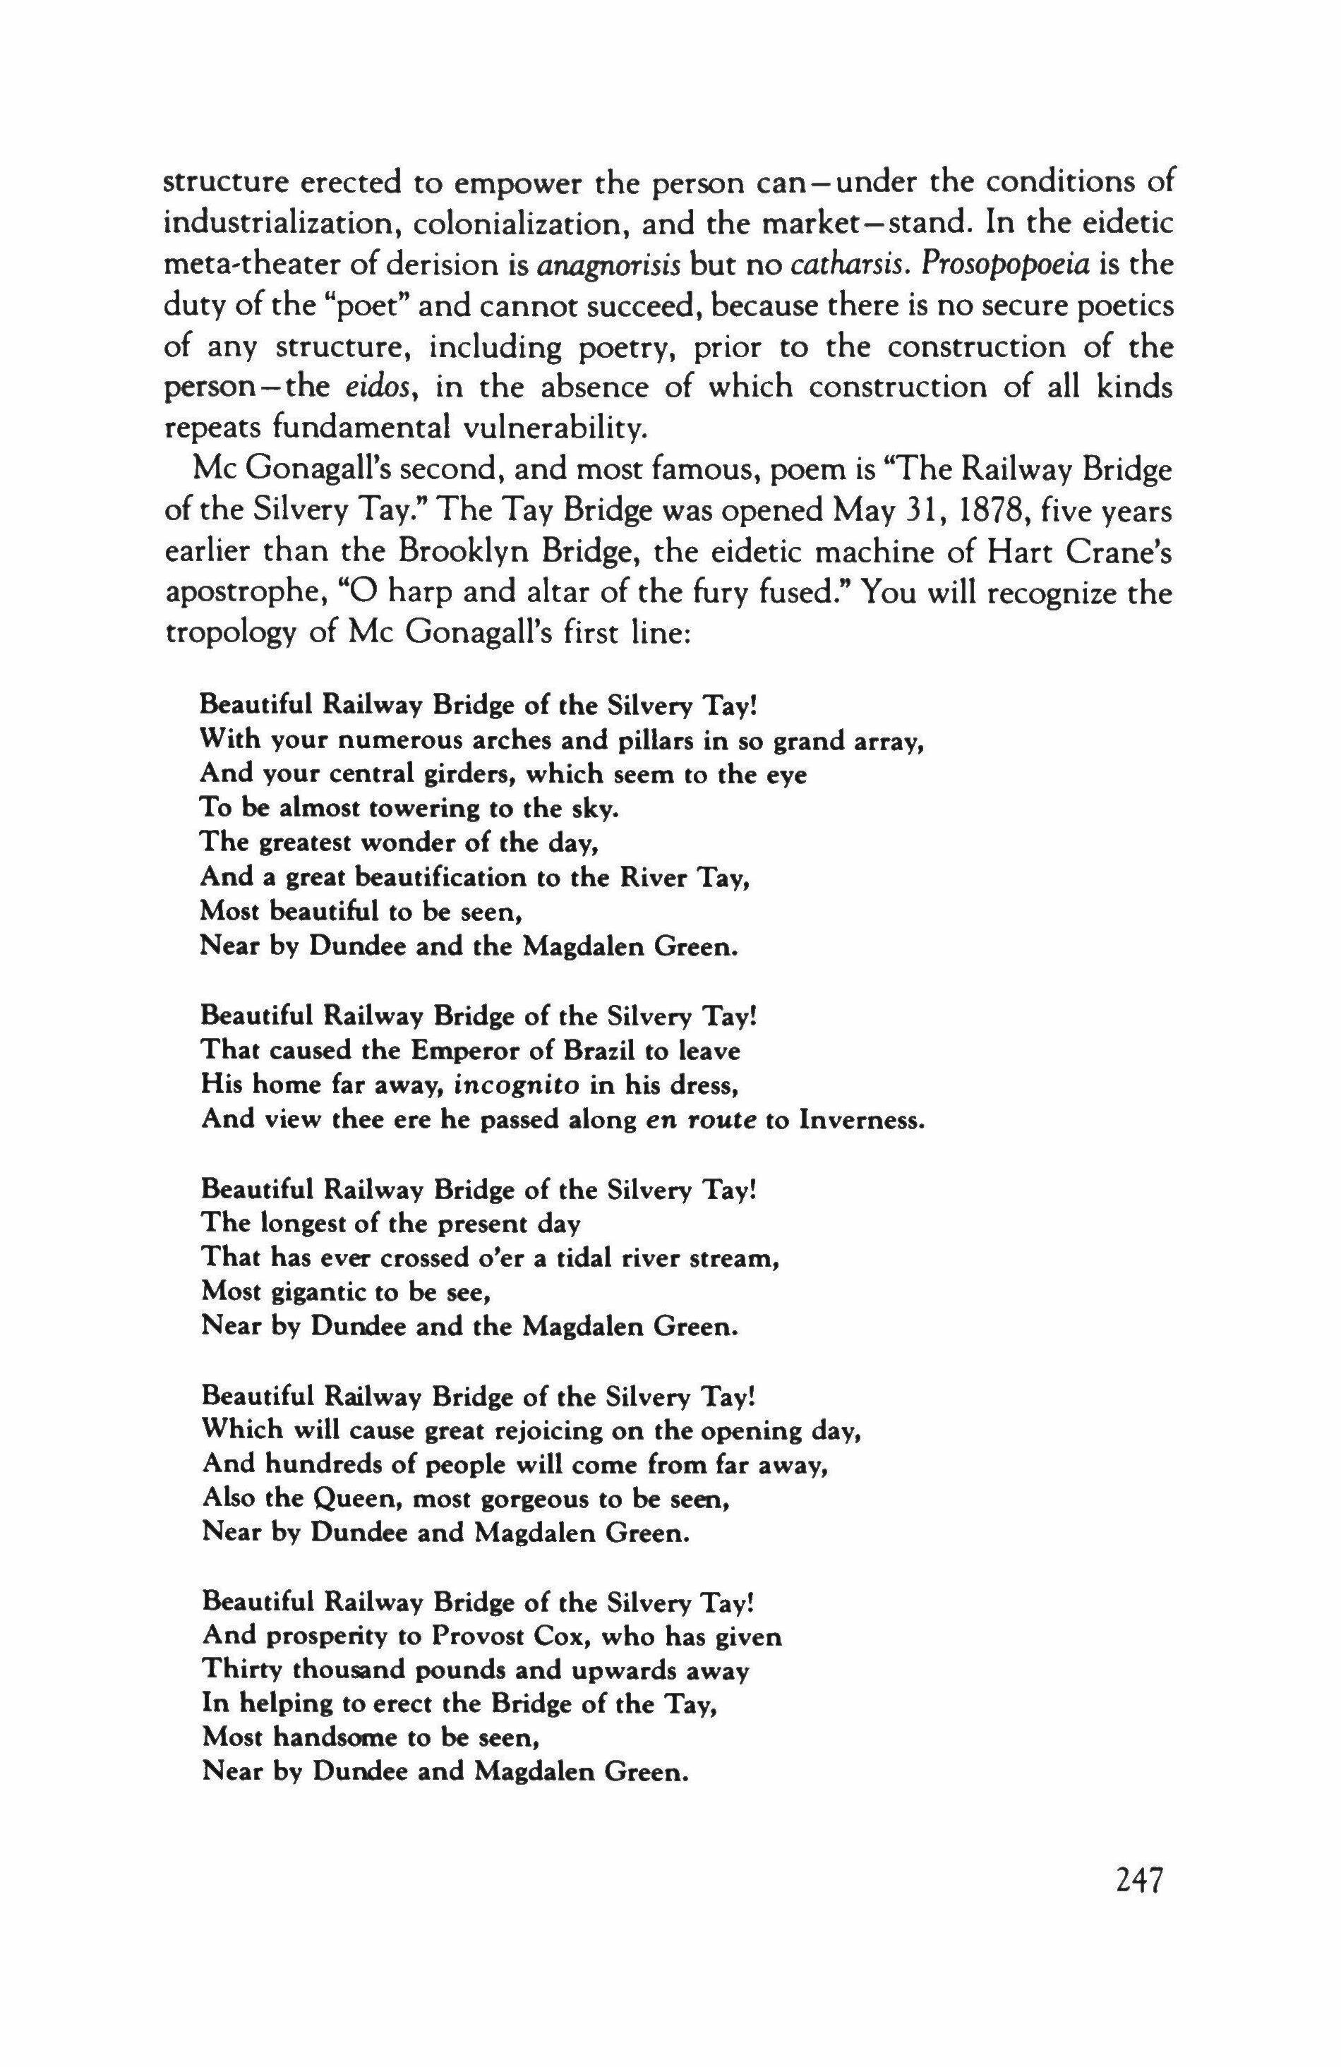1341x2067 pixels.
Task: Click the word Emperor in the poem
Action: [x=461, y=1051]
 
